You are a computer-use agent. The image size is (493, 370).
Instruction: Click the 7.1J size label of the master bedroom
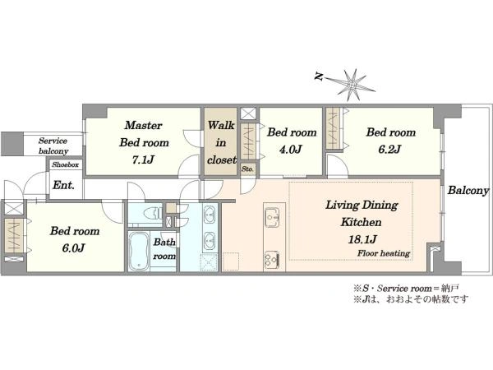point(143,160)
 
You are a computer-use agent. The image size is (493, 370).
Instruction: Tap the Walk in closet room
point(221,142)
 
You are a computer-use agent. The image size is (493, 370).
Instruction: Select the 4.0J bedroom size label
point(291,149)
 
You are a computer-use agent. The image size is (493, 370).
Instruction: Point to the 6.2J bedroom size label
point(389,149)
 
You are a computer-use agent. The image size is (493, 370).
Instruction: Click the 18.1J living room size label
point(362,239)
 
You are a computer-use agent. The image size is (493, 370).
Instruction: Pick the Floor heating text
point(384,253)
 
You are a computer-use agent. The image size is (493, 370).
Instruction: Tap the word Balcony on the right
point(468,191)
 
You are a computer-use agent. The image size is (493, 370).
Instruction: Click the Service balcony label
point(53,146)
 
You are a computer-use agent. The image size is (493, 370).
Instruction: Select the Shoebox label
point(66,164)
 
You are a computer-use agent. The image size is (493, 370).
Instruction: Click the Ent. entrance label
point(63,185)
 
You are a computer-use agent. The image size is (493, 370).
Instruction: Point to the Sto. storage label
point(247,169)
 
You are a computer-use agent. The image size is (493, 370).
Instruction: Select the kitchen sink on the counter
point(272,217)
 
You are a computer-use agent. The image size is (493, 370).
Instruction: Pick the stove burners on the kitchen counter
point(272,260)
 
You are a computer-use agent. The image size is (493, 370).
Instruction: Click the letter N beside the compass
point(320,76)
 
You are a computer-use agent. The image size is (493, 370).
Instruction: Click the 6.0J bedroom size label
point(73,248)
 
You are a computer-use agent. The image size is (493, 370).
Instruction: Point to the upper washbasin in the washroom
point(210,214)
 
